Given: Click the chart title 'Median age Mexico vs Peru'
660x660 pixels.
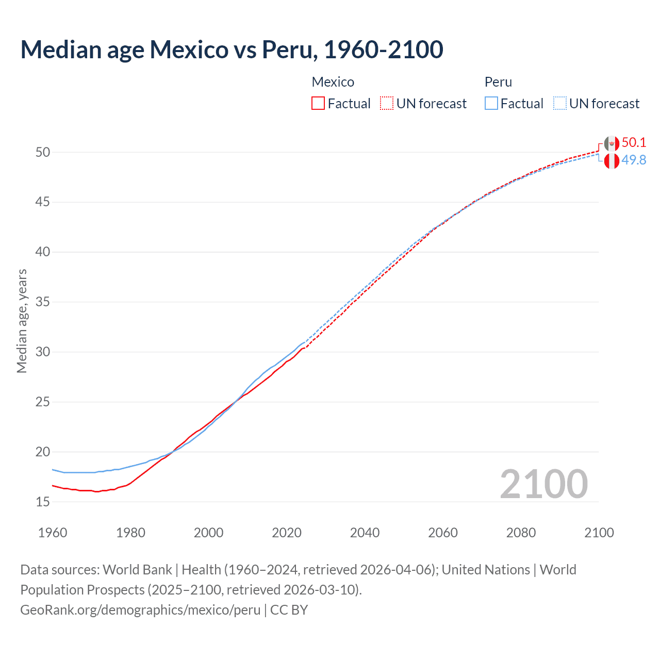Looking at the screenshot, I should click(x=232, y=49).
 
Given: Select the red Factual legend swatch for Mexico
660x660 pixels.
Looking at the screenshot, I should click(x=318, y=104).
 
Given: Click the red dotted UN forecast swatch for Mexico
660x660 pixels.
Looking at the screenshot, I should click(x=387, y=104).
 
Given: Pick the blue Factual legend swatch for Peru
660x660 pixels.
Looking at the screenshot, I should click(x=491, y=104).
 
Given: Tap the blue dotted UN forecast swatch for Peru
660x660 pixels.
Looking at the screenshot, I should click(x=560, y=104).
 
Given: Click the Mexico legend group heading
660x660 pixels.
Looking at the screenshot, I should click(x=333, y=82).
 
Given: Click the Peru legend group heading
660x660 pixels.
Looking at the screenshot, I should click(x=498, y=82).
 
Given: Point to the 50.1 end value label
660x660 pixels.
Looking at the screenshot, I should click(x=634, y=143).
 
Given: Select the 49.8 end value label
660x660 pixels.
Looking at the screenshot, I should click(x=634, y=160).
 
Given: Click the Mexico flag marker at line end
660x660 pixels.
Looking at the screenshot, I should click(x=612, y=144).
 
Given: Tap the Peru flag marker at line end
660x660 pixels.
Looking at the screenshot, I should click(x=612, y=161).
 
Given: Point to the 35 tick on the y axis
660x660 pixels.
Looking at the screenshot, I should click(x=43, y=302).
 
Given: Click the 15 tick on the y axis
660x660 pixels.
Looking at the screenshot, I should click(x=43, y=502).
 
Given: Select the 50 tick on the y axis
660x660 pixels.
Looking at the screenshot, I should click(x=43, y=152).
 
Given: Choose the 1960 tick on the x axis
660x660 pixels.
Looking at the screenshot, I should click(x=53, y=533).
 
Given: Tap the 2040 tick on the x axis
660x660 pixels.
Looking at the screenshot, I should click(x=365, y=533).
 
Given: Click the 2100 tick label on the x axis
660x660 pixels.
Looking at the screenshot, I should click(x=599, y=533).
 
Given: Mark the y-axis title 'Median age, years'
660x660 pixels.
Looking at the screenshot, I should click(x=22, y=321).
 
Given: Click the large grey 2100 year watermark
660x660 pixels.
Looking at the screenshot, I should click(x=543, y=484).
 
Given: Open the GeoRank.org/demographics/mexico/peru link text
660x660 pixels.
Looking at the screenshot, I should click(x=140, y=610).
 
